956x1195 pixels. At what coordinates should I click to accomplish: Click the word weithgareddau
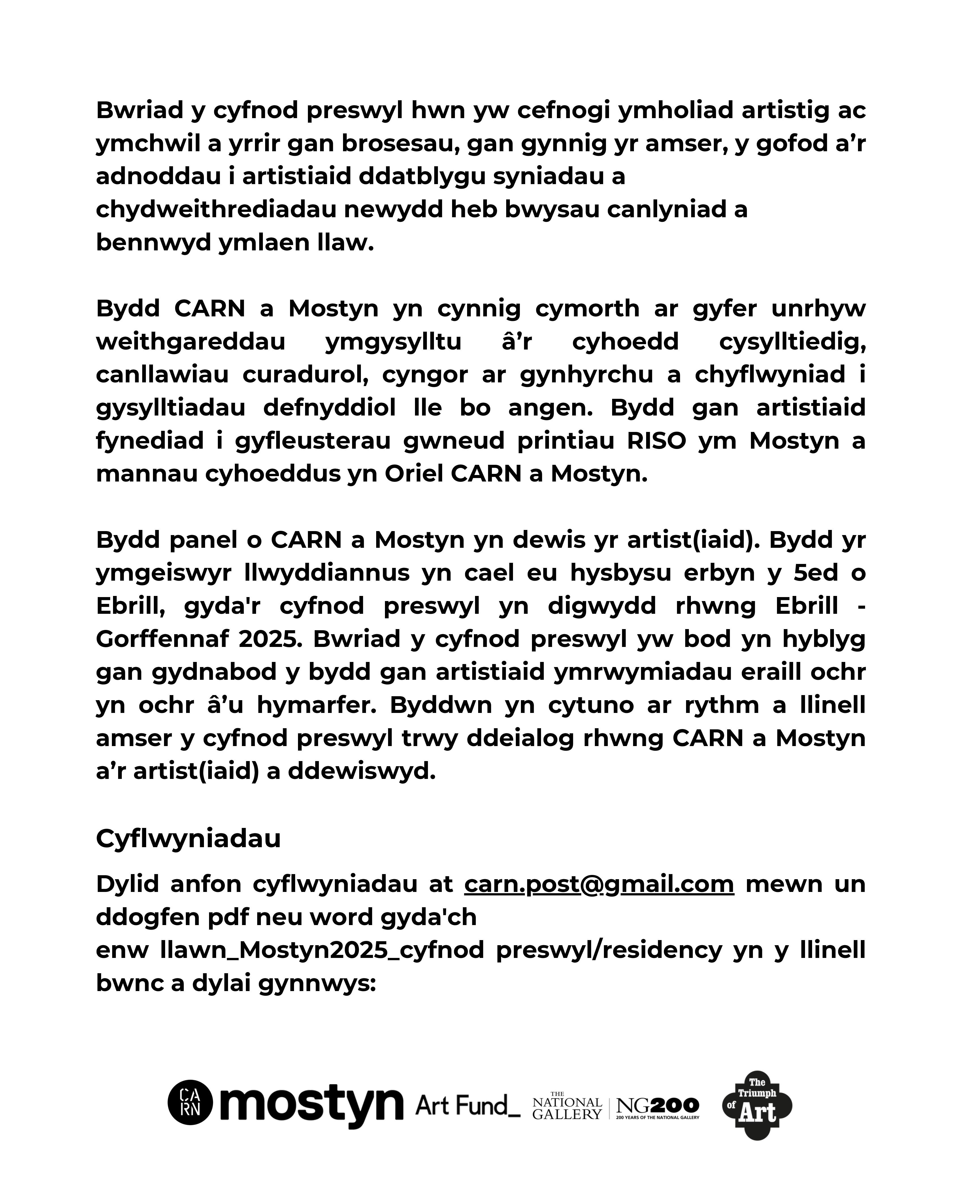point(191,341)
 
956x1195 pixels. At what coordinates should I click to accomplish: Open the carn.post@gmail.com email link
point(599,884)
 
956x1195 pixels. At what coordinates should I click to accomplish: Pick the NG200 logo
point(657,1107)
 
